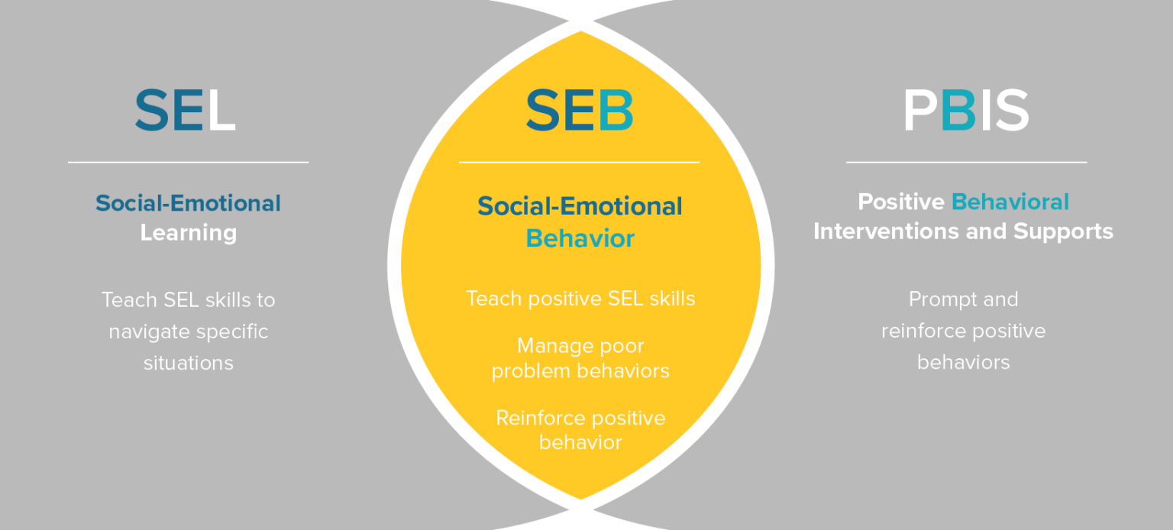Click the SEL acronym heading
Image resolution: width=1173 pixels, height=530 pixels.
(x=186, y=111)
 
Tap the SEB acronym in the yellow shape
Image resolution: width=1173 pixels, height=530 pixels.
(x=580, y=111)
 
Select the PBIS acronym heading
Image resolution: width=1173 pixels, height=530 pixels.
(x=966, y=111)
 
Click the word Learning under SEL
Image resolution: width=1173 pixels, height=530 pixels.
(x=188, y=233)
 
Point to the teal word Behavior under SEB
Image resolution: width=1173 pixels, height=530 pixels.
(x=580, y=239)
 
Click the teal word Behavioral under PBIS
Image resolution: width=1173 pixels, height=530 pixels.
(x=1010, y=202)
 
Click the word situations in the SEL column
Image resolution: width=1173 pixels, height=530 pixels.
(x=188, y=363)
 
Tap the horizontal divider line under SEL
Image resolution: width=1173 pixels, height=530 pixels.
(x=188, y=163)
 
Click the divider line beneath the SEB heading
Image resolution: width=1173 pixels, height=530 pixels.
(x=579, y=163)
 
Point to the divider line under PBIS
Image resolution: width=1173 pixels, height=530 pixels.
(x=966, y=163)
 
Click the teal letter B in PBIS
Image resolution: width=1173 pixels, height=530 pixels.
(x=958, y=111)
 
